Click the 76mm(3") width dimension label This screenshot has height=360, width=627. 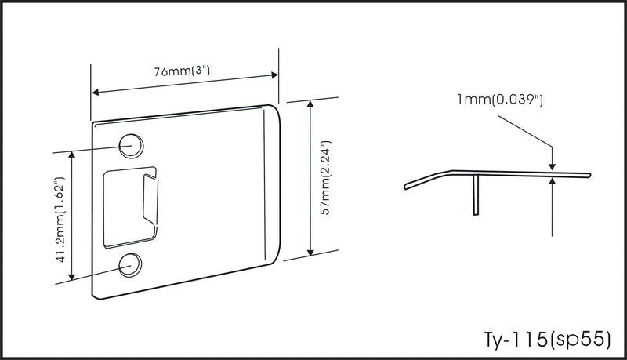[182, 71]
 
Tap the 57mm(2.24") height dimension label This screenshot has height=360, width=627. [327, 177]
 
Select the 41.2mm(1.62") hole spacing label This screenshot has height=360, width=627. [60, 220]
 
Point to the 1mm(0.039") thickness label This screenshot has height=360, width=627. [500, 99]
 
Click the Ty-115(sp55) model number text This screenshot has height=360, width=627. [547, 340]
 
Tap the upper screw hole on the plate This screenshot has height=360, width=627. [131, 145]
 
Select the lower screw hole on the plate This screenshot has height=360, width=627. [130, 264]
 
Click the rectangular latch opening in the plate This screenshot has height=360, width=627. [130, 208]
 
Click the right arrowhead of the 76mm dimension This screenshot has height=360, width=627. [275, 75]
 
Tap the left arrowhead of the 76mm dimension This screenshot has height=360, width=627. [96, 93]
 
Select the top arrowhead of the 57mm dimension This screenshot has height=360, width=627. [310, 105]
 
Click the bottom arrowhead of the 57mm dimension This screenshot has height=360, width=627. [310, 252]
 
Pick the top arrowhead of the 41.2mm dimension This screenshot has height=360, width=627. [72, 155]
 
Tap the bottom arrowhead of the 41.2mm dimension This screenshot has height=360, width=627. [72, 276]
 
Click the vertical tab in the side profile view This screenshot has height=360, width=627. [476, 195]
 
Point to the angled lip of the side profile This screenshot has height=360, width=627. [428, 180]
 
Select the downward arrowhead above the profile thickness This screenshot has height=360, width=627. [553, 166]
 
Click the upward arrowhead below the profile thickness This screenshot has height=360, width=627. [553, 182]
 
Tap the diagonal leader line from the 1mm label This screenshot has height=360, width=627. [525, 131]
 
